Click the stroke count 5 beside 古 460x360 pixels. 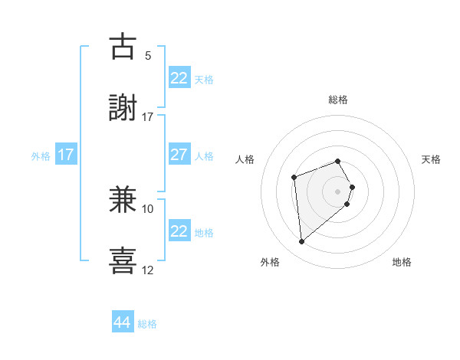[148, 56]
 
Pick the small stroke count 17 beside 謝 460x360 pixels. [148, 117]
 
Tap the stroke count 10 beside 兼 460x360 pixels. [148, 208]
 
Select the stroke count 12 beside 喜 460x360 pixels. [148, 270]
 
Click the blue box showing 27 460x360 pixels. [179, 154]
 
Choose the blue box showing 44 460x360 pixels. [123, 322]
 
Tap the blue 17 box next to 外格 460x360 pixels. [65, 155]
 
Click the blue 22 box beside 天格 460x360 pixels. [179, 78]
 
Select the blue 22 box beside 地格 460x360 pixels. [179, 231]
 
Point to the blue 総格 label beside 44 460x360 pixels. [147, 324]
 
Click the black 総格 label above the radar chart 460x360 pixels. [338, 100]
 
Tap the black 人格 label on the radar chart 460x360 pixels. [245, 159]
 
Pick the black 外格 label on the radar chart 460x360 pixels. [270, 262]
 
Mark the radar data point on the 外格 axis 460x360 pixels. [301, 242]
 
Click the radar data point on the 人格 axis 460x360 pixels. [294, 178]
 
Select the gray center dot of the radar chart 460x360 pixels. [337, 191]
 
